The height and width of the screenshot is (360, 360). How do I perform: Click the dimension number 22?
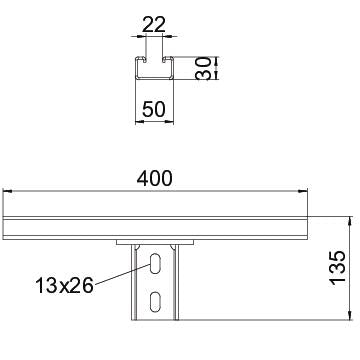click(x=154, y=25)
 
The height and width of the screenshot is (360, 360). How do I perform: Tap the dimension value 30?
click(x=204, y=68)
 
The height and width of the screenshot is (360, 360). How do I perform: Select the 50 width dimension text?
click(x=154, y=109)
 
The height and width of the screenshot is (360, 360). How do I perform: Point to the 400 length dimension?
click(x=154, y=178)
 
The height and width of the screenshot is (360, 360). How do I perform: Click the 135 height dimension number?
click(x=338, y=268)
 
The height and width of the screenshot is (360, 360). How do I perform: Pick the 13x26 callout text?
click(x=64, y=286)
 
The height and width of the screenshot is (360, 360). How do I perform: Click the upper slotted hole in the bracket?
click(x=155, y=263)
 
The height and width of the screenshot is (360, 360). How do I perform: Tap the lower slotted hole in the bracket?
click(x=155, y=302)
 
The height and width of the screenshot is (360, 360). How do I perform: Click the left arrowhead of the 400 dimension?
click(x=7, y=191)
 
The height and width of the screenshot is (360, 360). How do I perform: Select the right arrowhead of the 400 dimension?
click(x=303, y=191)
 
